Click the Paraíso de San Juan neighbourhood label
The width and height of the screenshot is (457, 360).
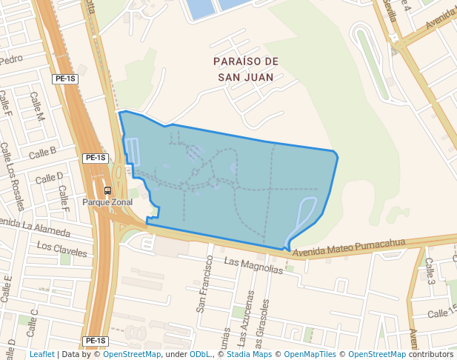tap(244, 68)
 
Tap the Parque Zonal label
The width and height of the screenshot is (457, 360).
tap(107, 201)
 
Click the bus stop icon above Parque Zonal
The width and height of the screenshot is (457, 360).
tap(108, 190)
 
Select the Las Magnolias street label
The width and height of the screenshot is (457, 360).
tap(253, 266)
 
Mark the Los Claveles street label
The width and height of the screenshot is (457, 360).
tap(61, 248)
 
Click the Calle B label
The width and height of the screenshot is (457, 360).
tap(42, 153)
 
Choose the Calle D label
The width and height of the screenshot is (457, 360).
tap(50, 178)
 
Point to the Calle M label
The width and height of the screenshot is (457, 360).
tap(37, 107)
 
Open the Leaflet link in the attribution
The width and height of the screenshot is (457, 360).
tap(41, 354)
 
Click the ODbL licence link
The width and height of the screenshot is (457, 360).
tap(200, 354)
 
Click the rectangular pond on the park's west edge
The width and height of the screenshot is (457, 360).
tap(133, 152)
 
